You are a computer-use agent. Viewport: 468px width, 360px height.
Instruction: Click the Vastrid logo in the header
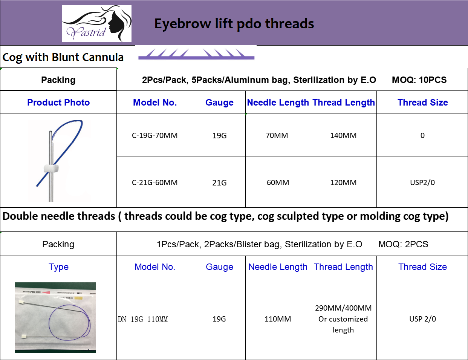[x=96, y=23]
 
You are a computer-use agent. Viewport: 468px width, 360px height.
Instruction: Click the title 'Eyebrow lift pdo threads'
[x=234, y=24]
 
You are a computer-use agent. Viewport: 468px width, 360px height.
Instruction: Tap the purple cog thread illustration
[x=196, y=54]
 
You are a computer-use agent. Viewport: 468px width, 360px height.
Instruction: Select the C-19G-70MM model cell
[x=154, y=135]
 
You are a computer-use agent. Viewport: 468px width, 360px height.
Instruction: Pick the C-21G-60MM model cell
[x=154, y=182]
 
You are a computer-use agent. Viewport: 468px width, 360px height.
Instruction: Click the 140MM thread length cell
[x=343, y=135]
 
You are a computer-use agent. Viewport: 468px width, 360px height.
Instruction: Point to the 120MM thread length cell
[x=343, y=182]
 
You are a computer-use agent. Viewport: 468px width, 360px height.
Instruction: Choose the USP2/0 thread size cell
[x=422, y=182]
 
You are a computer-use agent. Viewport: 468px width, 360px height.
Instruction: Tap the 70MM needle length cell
[x=277, y=135]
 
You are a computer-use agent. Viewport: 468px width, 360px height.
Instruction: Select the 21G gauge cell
[x=219, y=183]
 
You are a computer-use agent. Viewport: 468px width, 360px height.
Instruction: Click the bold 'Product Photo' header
[x=58, y=103]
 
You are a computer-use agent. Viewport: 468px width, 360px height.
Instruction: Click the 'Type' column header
[x=58, y=267]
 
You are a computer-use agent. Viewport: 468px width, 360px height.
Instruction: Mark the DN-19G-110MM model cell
[x=143, y=319]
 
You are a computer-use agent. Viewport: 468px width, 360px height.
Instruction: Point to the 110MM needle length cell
[x=278, y=319]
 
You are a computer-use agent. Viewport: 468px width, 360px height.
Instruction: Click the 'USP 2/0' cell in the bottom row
[x=422, y=319]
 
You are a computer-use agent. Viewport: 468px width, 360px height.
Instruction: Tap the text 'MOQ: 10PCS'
[x=419, y=80]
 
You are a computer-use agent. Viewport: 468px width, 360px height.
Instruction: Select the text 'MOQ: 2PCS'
[x=403, y=244]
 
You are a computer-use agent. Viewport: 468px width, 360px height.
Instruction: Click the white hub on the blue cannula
[x=51, y=168]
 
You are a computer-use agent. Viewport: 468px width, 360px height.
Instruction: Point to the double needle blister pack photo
[x=55, y=317]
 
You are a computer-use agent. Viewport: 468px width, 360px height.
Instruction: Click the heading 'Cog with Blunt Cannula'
[x=63, y=57]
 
